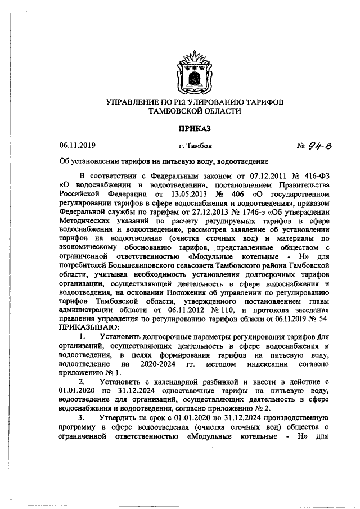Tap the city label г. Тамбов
[195, 146]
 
